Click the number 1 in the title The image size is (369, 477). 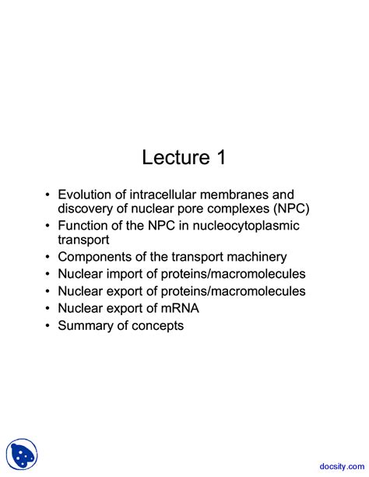pyautogui.click(x=220, y=157)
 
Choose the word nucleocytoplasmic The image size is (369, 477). pyautogui.click(x=246, y=226)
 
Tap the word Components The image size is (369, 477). pyautogui.click(x=95, y=257)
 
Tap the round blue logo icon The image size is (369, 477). pyautogui.click(x=23, y=454)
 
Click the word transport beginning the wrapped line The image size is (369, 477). pyautogui.click(x=83, y=240)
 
